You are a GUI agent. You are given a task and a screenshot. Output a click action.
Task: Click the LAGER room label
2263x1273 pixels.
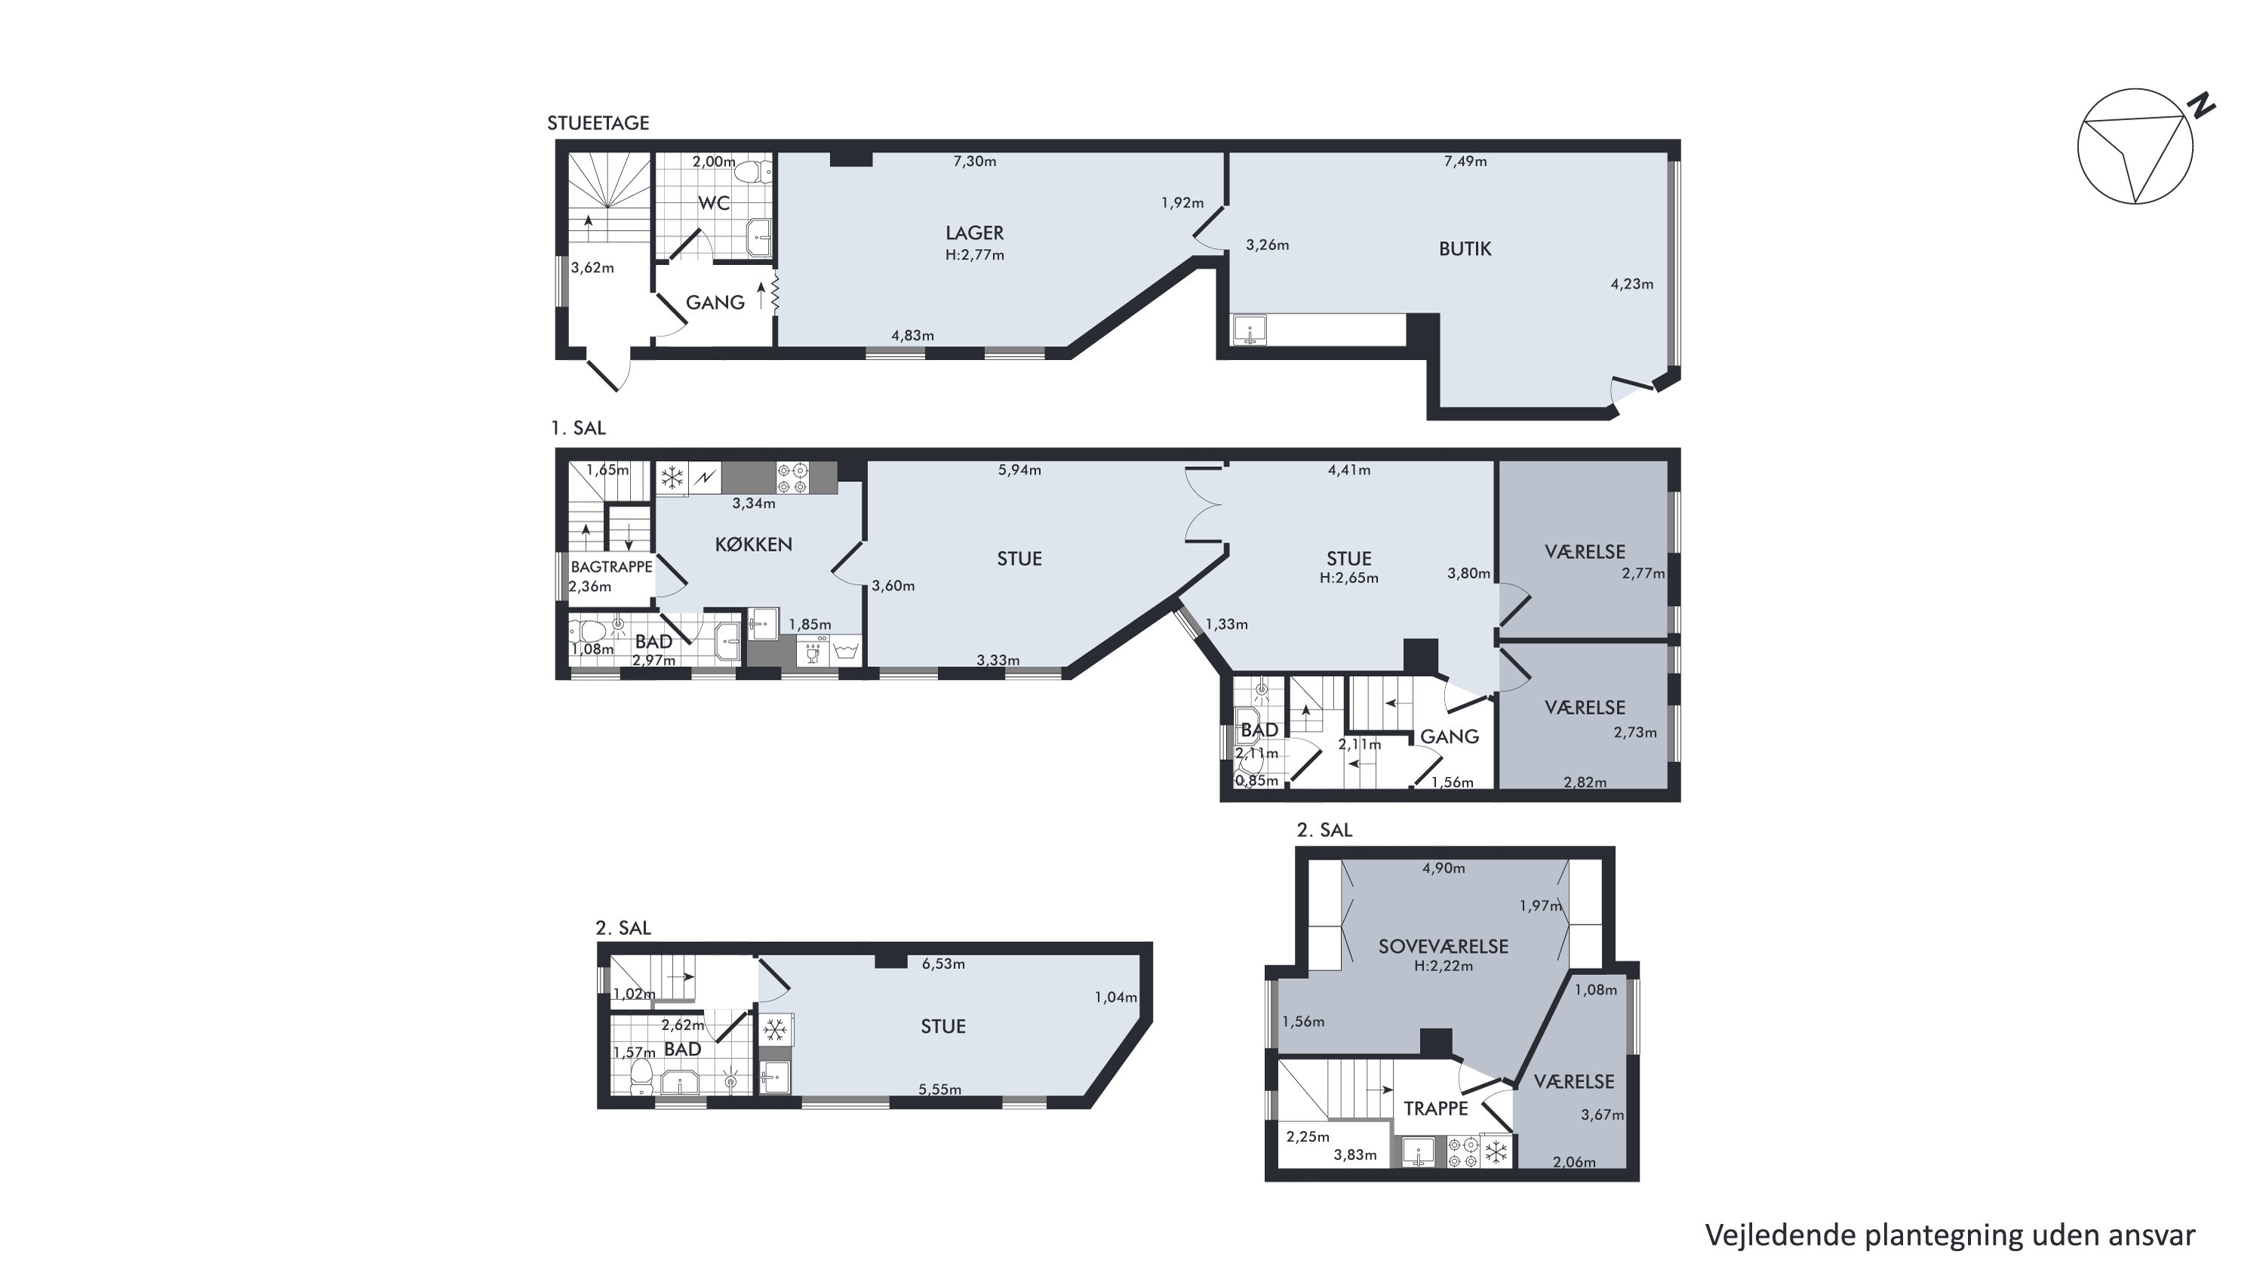click(974, 233)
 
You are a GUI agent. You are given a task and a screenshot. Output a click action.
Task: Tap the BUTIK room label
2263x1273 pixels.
click(1465, 248)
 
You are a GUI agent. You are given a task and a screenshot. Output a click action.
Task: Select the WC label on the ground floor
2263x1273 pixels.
click(713, 203)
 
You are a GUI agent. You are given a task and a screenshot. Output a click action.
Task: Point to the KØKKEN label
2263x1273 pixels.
click(753, 544)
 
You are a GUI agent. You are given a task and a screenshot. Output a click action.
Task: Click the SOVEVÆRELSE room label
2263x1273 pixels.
click(1443, 946)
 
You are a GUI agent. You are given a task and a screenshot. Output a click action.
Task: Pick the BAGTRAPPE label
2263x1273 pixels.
click(611, 567)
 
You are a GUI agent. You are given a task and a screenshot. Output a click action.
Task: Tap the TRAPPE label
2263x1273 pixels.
click(1435, 1108)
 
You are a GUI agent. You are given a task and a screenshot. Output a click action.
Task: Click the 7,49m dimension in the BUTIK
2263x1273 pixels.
click(1465, 161)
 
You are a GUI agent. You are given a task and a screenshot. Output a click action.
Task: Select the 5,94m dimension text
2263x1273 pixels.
click(1019, 470)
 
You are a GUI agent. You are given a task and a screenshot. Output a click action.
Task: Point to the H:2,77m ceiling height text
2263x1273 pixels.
click(974, 256)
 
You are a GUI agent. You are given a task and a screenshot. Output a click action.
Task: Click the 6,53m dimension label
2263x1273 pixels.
click(942, 964)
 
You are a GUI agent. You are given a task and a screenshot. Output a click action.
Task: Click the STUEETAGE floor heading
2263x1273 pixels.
click(598, 123)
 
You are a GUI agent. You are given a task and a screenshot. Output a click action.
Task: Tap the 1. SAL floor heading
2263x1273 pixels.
click(578, 428)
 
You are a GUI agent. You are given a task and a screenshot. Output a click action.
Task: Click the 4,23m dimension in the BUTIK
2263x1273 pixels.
click(1631, 284)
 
